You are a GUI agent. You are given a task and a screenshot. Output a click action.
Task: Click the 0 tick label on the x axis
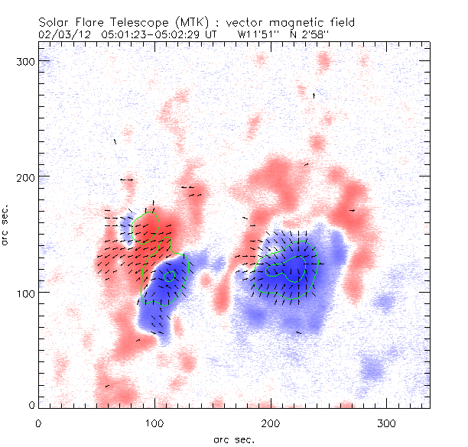point(38,423)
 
